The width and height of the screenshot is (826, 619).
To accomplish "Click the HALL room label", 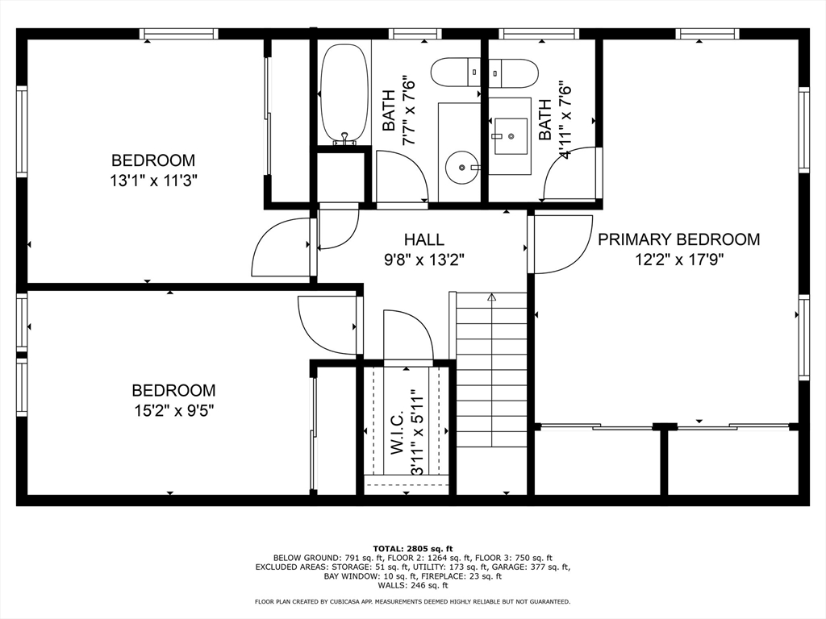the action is pos(423,239).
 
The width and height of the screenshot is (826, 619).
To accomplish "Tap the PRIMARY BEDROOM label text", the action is pos(678,239).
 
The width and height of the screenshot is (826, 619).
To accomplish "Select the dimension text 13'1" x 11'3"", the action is pos(153,181).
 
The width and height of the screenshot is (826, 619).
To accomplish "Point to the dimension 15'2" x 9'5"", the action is pos(174,410).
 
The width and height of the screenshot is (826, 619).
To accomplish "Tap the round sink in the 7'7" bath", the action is pos(462,168).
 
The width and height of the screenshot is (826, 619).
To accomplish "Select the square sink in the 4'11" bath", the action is pos(510,135).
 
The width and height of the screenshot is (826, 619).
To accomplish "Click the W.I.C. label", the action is pos(397,432).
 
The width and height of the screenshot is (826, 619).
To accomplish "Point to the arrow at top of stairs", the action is pos(491,297).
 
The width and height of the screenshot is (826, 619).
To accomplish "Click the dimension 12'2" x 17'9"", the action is pos(679,260).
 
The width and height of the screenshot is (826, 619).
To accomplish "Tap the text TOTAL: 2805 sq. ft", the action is pos(412,549).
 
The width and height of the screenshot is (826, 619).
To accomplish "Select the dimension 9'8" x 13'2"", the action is pos(424,260).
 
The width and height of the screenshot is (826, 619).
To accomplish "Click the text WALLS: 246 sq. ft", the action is pos(412,585).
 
